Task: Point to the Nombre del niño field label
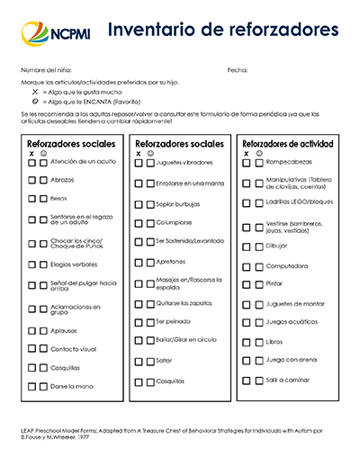click(x=46, y=69)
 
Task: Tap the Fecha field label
click(x=237, y=69)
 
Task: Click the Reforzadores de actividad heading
click(x=288, y=144)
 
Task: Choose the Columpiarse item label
click(x=174, y=221)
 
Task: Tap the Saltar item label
click(x=164, y=360)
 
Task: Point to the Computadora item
click(x=286, y=266)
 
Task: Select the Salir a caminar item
click(x=287, y=381)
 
